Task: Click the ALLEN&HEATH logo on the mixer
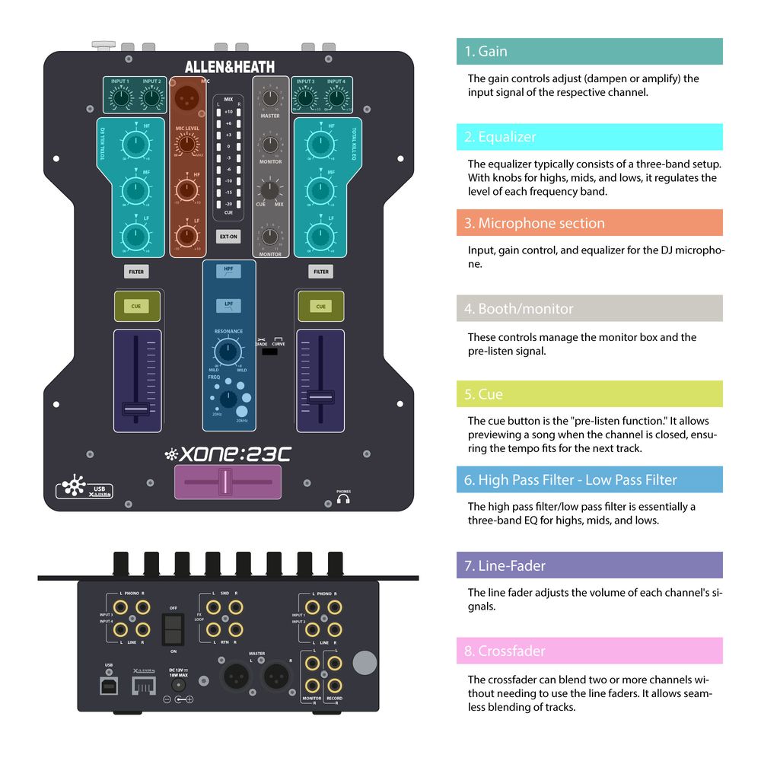230,67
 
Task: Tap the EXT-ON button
228,237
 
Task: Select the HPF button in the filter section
228,271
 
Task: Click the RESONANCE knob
227,351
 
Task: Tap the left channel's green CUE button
136,306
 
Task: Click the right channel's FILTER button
321,271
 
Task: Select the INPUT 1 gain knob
119,97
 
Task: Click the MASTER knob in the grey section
270,97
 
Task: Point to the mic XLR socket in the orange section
187,98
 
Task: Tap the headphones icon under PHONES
343,500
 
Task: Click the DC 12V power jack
180,685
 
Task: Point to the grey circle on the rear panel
365,662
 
